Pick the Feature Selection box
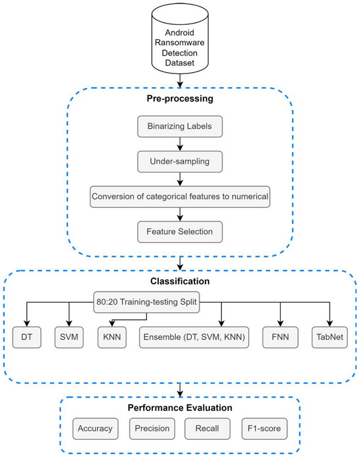[179, 231]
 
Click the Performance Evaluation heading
[179, 408]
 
